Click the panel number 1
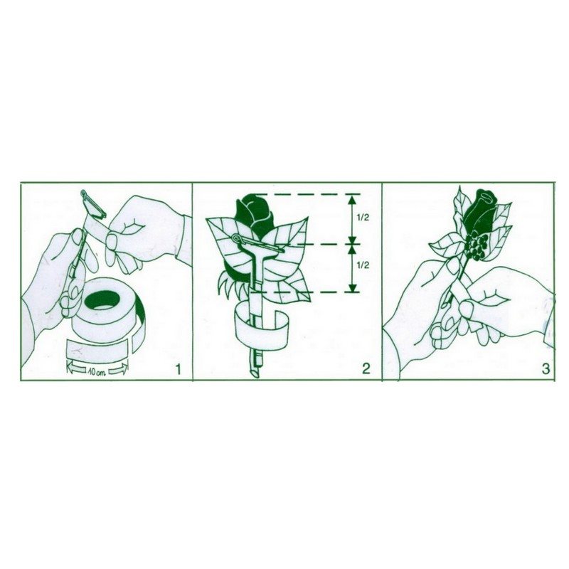click(178, 369)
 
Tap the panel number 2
click(366, 368)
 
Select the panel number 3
click(546, 368)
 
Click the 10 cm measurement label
click(97, 372)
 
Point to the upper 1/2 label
click(363, 218)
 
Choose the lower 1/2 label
click(363, 265)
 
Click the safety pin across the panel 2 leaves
click(257, 244)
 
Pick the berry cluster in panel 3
click(476, 247)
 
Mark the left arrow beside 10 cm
click(76, 370)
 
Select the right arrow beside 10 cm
click(119, 369)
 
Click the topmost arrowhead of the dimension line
click(351, 199)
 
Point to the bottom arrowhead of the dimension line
click(351, 287)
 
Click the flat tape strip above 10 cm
click(98, 349)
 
